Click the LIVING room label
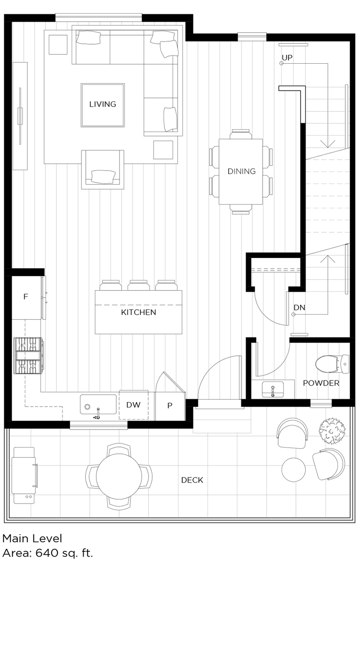coord(103,104)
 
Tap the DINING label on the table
coord(241,171)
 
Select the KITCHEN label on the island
coord(139,312)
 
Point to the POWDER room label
coord(321,383)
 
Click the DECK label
coord(192,480)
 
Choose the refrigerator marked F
coord(25,297)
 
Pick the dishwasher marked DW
coord(133,405)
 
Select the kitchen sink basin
coord(98,404)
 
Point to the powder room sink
coord(273,389)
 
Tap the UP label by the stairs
coord(287,58)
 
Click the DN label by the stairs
coord(299,308)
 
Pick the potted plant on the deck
coord(332,431)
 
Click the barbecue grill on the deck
coord(24,475)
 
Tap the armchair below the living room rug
coord(103,170)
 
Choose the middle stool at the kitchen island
coord(139,285)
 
